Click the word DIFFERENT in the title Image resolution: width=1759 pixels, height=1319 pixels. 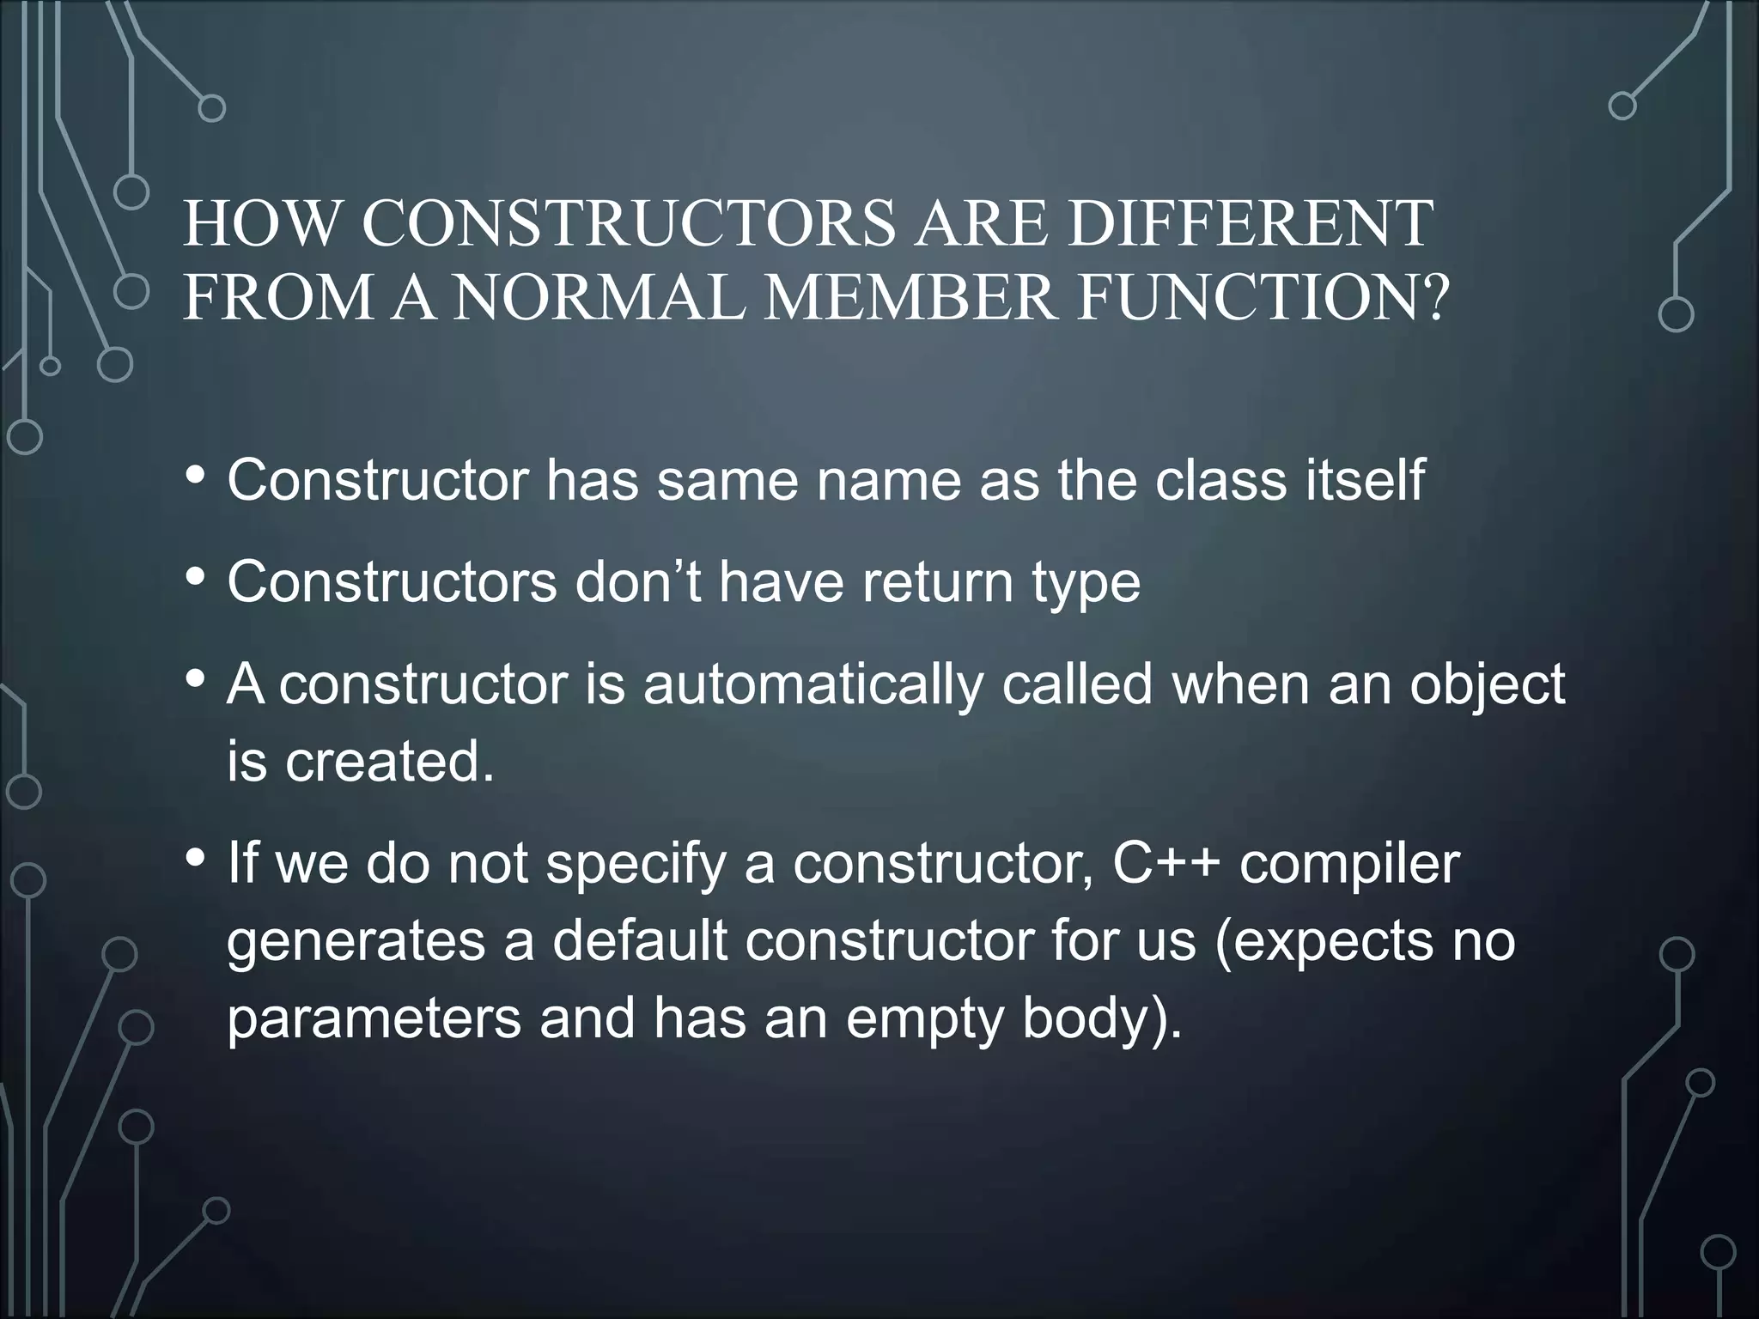[x=1251, y=224]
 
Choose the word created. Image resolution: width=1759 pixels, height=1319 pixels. [x=390, y=761]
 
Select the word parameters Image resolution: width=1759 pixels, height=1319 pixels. [x=374, y=1019]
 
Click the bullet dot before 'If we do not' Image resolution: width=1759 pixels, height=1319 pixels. [x=196, y=858]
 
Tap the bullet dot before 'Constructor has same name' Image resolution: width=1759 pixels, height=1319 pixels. [x=196, y=475]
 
